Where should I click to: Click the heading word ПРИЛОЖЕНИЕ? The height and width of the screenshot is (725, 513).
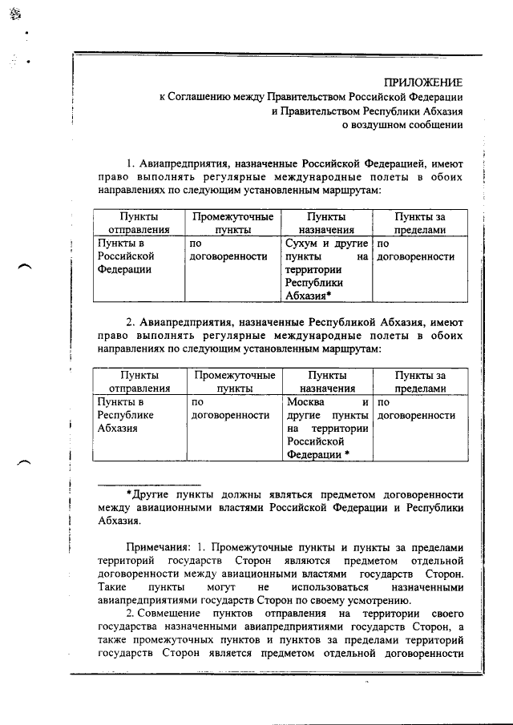point(422,82)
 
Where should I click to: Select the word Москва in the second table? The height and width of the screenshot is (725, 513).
point(305,401)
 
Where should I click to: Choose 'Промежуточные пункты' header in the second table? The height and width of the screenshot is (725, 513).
point(234,381)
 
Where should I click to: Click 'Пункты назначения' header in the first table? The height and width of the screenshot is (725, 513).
point(326,223)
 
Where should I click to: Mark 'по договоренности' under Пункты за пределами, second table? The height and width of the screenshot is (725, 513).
point(416,415)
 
